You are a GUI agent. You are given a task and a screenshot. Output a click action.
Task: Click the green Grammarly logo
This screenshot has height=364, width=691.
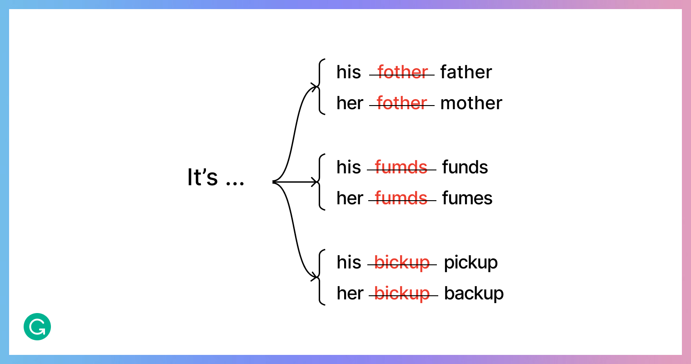coord(37,327)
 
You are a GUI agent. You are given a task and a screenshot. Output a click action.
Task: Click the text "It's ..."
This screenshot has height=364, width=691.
coord(215,177)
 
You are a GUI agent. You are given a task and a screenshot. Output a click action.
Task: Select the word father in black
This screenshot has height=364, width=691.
coord(466,72)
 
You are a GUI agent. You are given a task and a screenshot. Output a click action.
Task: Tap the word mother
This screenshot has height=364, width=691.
coord(471,103)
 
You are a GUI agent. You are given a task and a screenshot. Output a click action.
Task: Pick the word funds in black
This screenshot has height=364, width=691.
coord(465,167)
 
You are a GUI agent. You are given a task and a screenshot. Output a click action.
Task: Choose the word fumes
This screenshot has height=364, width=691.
coord(467,198)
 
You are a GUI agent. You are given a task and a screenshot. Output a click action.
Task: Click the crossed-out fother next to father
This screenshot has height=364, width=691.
coord(402,72)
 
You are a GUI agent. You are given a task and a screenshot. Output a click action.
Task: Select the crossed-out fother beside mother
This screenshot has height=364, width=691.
coord(402,103)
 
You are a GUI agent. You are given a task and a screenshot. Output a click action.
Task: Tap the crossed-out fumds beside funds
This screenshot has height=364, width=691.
coord(401,167)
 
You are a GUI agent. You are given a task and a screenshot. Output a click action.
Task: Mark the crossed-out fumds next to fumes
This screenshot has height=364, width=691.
coord(402,198)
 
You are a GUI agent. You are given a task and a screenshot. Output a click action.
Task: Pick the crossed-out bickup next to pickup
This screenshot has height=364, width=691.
coord(402,263)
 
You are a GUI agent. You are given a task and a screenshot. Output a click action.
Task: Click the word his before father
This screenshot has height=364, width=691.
coord(349,72)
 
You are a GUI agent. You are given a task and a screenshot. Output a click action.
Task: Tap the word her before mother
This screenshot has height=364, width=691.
coord(350,103)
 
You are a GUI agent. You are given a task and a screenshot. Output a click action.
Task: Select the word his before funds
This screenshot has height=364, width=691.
coord(349,167)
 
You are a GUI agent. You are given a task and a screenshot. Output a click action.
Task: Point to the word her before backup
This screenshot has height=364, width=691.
coord(350,293)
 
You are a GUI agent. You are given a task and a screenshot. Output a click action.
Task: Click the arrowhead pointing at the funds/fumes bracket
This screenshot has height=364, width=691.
coord(315,182)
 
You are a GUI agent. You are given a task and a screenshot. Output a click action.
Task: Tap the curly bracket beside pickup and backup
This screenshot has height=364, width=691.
coord(320,277)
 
